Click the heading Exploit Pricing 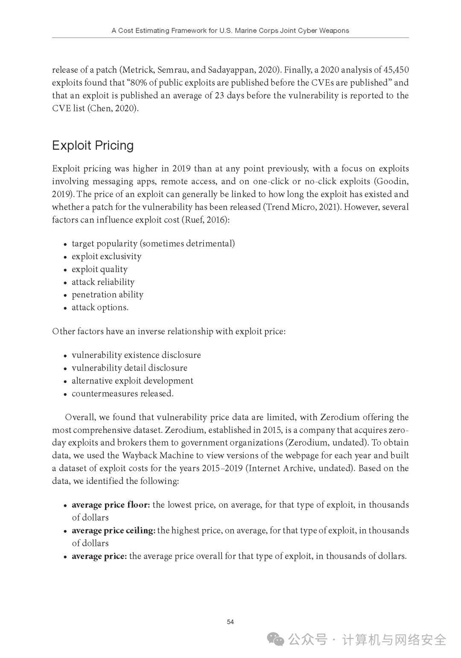[x=93, y=145]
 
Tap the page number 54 [x=230, y=622]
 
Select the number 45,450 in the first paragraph [x=395, y=70]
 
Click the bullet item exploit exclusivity [x=106, y=256]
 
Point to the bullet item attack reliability [x=103, y=282]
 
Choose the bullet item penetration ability [x=107, y=295]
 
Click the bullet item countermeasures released [x=123, y=394]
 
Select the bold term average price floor [x=111, y=505]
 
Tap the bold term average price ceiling [x=113, y=530]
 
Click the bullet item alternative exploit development [x=132, y=381]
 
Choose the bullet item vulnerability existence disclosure [x=136, y=355]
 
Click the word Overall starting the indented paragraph [x=79, y=417]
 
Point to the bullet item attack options [x=100, y=307]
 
